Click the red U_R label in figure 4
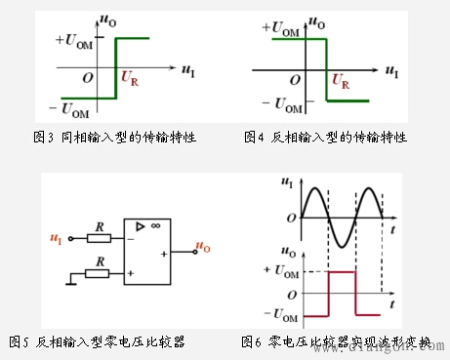[x=341, y=82]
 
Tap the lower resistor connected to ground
[x=98, y=273]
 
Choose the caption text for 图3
[x=115, y=137]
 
